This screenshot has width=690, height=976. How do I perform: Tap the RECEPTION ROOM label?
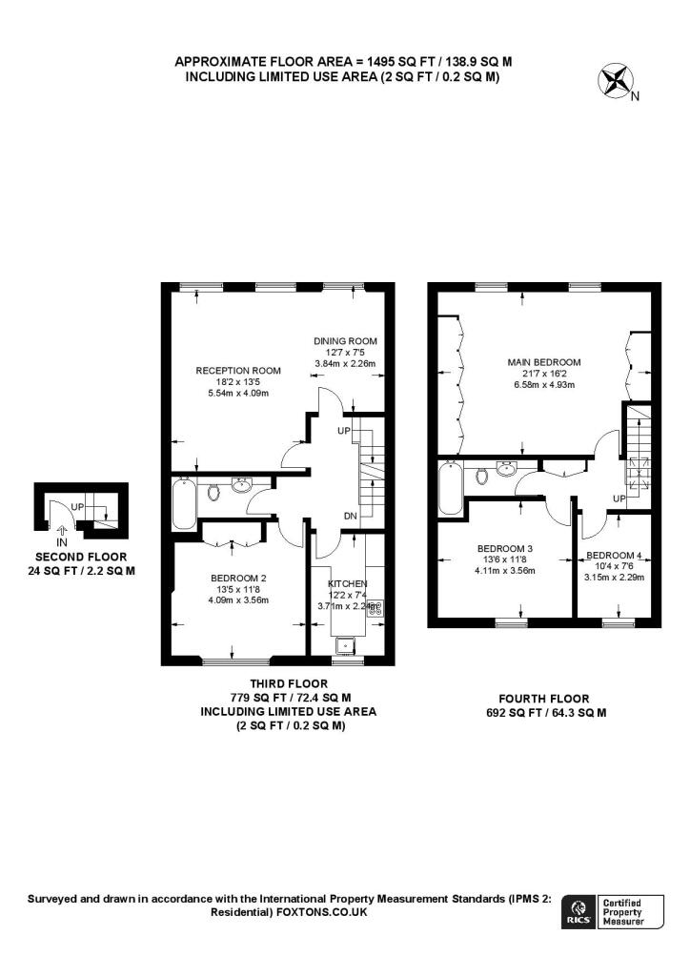pyautogui.click(x=238, y=371)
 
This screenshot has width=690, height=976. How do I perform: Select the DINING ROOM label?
pyautogui.click(x=346, y=341)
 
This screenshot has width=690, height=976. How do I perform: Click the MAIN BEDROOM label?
pyautogui.click(x=544, y=362)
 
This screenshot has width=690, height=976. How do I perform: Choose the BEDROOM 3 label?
pyautogui.click(x=505, y=548)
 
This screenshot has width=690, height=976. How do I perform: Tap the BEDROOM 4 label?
pyautogui.click(x=614, y=556)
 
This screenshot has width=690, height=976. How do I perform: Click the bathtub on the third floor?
pyautogui.click(x=183, y=503)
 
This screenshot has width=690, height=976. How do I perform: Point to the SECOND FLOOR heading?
pyautogui.click(x=81, y=557)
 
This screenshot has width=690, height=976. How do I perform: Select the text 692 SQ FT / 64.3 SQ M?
pyautogui.click(x=545, y=712)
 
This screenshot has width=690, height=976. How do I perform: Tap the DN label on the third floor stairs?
pyautogui.click(x=350, y=518)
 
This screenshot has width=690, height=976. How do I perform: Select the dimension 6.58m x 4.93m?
pyautogui.click(x=544, y=385)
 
